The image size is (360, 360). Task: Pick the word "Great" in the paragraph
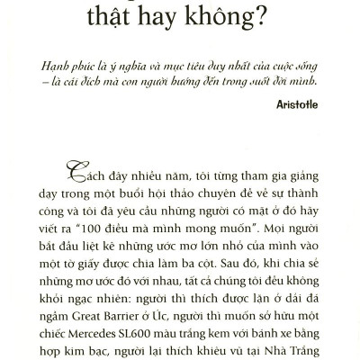pos(95,310)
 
